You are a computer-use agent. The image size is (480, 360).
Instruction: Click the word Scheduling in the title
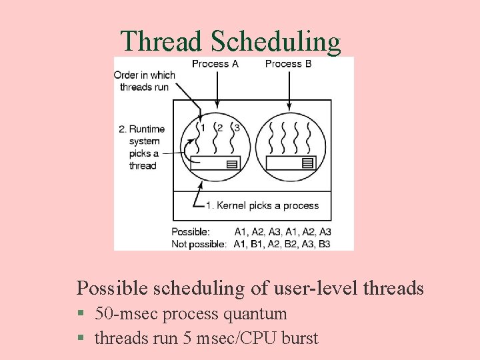275,41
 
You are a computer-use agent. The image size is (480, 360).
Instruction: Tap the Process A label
215,64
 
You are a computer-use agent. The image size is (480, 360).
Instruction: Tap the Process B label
288,64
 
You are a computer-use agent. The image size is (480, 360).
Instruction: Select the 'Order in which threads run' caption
144,81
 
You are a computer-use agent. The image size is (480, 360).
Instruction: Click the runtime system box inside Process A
215,163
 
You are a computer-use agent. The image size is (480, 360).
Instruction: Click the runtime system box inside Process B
290,163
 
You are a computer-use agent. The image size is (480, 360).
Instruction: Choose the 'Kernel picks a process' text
263,205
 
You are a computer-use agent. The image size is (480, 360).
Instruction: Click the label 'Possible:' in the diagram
191,231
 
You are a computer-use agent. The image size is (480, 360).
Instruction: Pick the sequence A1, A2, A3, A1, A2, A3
283,231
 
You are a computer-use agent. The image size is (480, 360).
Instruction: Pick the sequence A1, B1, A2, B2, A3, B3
283,243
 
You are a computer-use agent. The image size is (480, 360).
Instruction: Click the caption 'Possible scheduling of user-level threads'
250,288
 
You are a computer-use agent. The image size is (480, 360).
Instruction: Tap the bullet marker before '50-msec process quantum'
80,314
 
